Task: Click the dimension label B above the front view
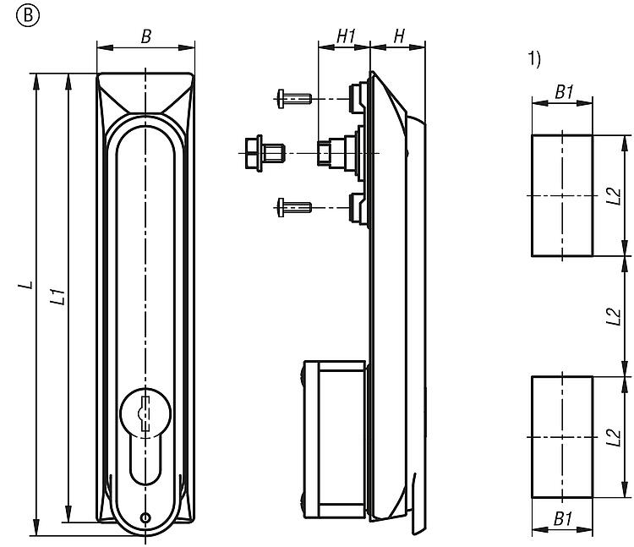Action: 145,37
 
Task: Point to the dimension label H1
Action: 345,36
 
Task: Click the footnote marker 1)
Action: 533,58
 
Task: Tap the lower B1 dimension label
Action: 562,517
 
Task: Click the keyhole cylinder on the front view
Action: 145,414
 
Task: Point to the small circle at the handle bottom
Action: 145,517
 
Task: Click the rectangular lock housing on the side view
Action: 335,440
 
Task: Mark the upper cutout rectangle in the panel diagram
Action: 560,195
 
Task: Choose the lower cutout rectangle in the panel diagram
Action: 560,437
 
